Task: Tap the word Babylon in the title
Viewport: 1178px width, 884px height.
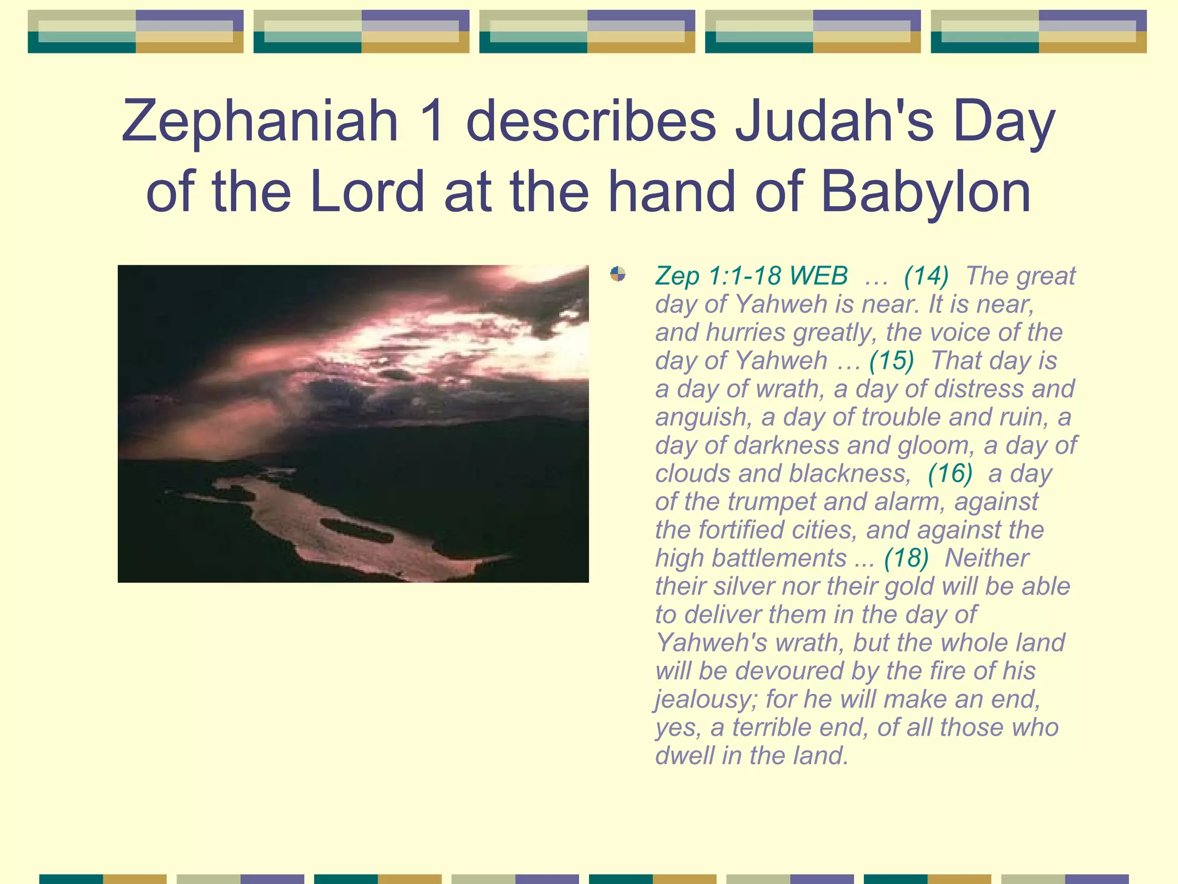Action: pos(925,192)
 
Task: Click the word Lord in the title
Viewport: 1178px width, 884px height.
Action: pos(367,192)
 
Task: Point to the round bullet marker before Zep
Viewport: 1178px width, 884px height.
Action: pos(618,274)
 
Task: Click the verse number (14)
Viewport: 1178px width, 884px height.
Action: pos(926,276)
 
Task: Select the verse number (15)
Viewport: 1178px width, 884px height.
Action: pos(892,360)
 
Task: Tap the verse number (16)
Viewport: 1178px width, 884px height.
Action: pos(950,473)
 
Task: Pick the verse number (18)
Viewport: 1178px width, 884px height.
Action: pos(907,558)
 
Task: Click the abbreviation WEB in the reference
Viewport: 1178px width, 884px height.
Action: pos(819,276)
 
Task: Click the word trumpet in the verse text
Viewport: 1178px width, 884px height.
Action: pos(771,501)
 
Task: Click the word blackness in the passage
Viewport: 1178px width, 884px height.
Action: pos(850,473)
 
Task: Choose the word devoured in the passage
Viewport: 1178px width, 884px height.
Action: pos(788,671)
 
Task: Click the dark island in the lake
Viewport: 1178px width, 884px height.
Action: pos(357,531)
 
